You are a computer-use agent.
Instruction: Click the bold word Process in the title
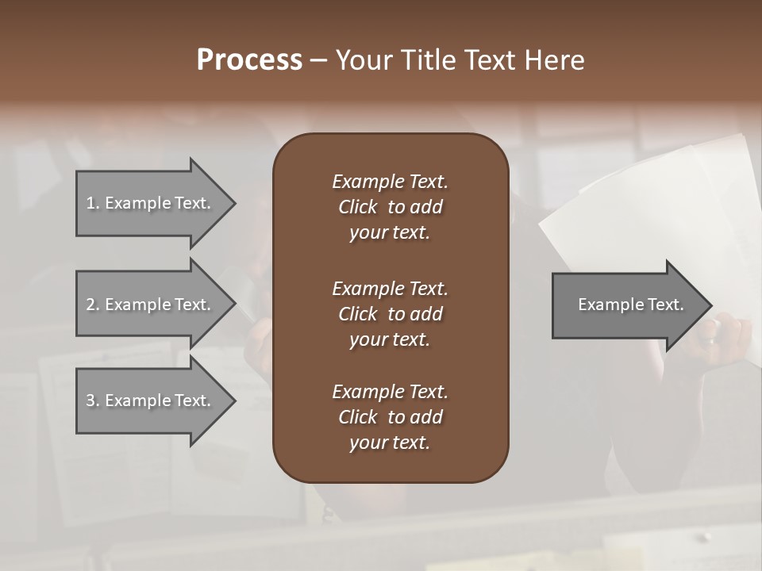pyautogui.click(x=249, y=59)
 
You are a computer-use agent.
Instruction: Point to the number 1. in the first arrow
pyautogui.click(x=93, y=203)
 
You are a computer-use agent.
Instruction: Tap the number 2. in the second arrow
pyautogui.click(x=93, y=305)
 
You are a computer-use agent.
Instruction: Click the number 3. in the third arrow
pyautogui.click(x=93, y=400)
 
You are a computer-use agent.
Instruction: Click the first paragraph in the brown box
pyautogui.click(x=390, y=207)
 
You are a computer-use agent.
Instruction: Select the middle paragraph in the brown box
pyautogui.click(x=390, y=313)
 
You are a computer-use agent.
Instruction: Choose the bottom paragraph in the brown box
pyautogui.click(x=390, y=417)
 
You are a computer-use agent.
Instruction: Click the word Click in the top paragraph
pyautogui.click(x=358, y=207)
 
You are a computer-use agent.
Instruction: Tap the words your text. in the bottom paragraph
pyautogui.click(x=390, y=443)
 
